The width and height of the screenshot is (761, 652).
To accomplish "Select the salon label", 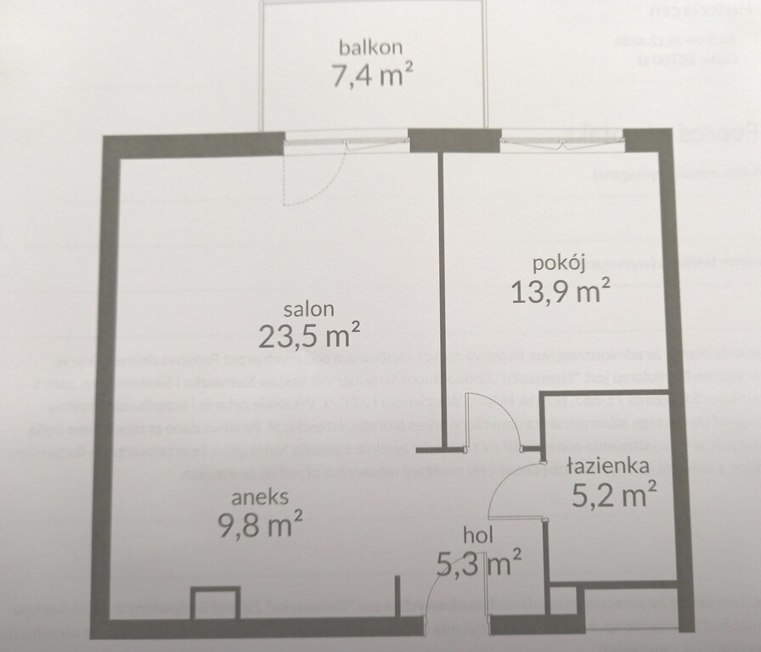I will (309, 309).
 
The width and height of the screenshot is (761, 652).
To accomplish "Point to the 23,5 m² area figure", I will (309, 337).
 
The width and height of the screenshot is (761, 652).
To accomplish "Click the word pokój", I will (560, 264).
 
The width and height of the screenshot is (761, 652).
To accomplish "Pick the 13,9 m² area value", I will (561, 292).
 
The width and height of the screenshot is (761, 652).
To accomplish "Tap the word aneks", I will (263, 497).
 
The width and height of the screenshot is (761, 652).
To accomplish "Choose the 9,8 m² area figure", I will (262, 526).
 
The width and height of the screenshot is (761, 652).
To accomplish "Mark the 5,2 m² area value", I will (613, 493).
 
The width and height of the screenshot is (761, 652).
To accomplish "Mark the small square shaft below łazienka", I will (565, 600).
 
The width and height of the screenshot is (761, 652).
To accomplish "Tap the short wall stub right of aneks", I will (397, 597).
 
